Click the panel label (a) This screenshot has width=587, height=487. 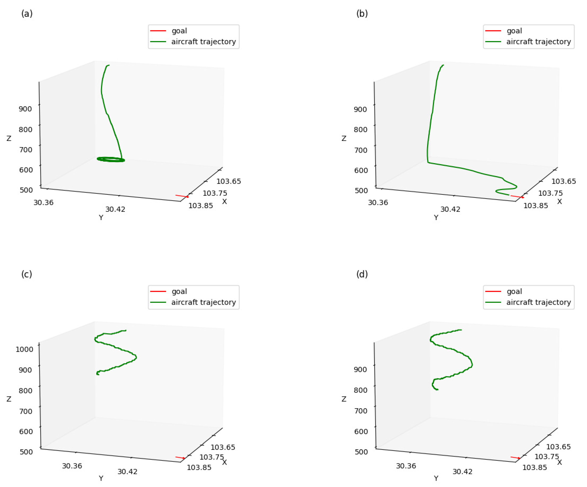(x=27, y=13)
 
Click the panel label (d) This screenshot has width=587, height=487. (x=362, y=274)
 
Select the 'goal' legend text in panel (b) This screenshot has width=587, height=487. (x=514, y=31)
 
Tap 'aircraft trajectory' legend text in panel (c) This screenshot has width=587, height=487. (x=203, y=302)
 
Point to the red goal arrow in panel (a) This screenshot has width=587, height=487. (x=182, y=196)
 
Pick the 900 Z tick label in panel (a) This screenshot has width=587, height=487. (x=25, y=109)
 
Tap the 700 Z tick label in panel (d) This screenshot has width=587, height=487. (x=361, y=411)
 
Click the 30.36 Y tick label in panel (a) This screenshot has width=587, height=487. (x=43, y=202)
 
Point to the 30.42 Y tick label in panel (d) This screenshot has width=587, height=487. (x=462, y=472)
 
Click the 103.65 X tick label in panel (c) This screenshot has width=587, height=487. (x=223, y=447)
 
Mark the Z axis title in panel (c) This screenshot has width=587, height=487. (x=9, y=399)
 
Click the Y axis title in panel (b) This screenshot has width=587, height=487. (x=436, y=217)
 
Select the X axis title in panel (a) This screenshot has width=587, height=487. (x=224, y=201)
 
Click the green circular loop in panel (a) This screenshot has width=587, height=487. (x=111, y=159)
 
